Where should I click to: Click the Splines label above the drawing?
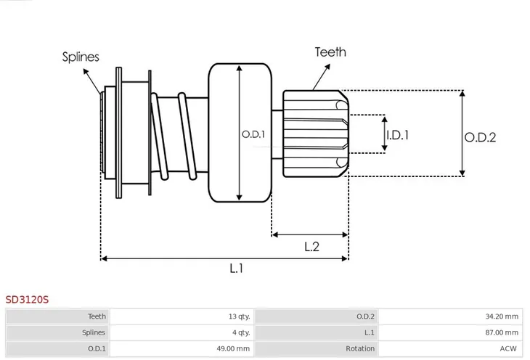81,57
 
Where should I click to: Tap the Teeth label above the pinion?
330,52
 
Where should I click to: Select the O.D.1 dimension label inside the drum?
253,134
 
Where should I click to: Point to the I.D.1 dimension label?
398,135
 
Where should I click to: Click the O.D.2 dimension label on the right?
480,137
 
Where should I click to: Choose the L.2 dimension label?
311,247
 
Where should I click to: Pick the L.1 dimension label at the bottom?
236,269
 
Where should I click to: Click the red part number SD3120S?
27,300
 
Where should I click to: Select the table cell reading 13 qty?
239,316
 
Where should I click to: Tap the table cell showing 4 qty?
241,332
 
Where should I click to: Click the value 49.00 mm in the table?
233,348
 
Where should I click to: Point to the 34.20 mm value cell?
502,316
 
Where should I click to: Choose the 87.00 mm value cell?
502,332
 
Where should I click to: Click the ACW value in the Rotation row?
508,348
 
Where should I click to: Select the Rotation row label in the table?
360,348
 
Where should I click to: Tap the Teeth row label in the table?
97,316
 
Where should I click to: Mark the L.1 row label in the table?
370,332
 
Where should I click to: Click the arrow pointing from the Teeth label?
322,77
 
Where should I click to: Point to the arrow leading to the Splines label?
92,81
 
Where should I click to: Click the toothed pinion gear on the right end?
316,134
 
